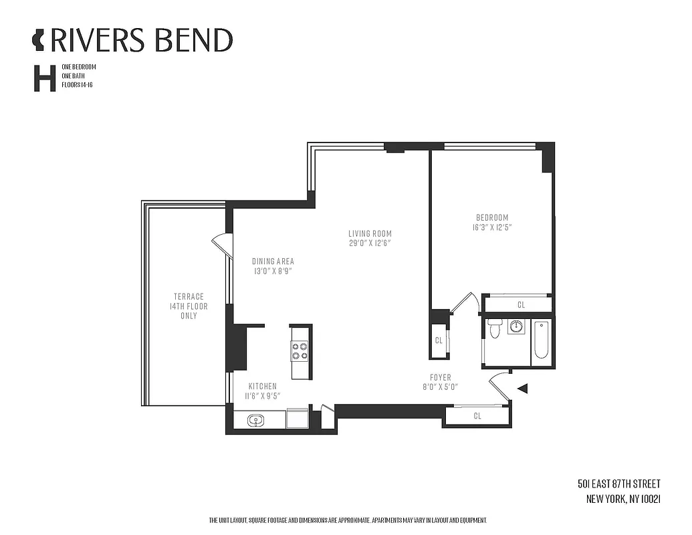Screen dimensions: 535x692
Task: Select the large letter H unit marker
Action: (x=44, y=78)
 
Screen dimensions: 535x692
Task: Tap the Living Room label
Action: (x=370, y=233)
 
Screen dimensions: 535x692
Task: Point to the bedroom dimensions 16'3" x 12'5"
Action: (x=492, y=227)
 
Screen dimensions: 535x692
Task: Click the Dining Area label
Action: (x=273, y=261)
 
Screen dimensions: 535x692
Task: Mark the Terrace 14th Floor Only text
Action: (x=189, y=306)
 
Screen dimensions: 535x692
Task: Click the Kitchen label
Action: (x=263, y=387)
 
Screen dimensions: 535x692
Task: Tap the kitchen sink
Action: (x=255, y=421)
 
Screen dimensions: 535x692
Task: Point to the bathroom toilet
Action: (x=495, y=328)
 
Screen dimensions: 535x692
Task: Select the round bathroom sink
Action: (x=516, y=327)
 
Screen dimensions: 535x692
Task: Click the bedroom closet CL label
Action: (x=521, y=305)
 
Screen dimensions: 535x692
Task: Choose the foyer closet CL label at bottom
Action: (x=477, y=416)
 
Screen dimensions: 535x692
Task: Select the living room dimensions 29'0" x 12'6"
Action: (x=370, y=243)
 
